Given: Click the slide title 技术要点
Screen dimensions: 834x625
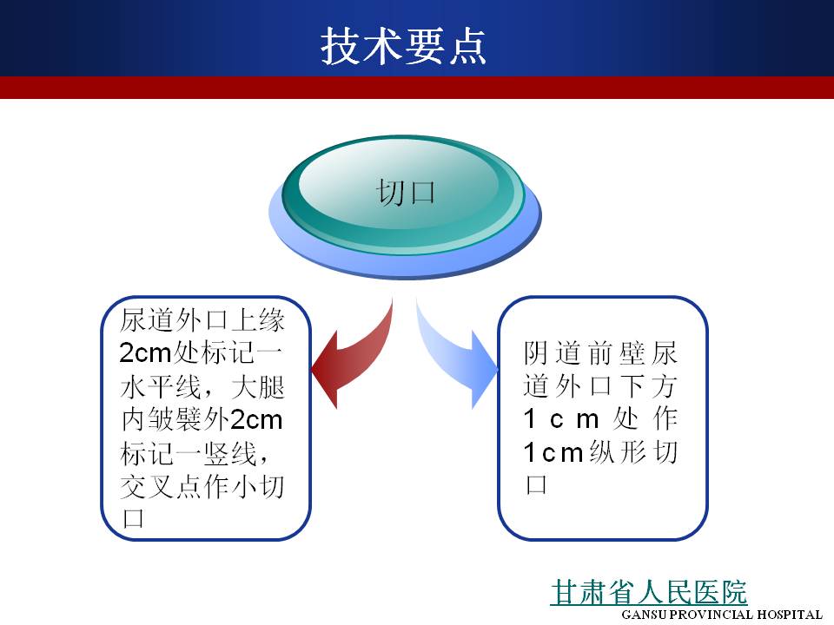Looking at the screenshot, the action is point(404,46).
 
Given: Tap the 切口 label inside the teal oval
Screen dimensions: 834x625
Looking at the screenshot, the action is point(406,193).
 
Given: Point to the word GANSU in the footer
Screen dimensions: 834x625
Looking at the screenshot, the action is point(644,615).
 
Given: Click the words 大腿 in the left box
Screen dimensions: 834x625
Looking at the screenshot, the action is point(258,387).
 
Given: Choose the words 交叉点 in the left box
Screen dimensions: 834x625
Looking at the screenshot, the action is point(162,486).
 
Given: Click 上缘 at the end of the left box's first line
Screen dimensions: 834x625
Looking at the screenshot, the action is point(258,320).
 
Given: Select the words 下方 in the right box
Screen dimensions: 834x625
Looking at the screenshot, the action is point(648,386).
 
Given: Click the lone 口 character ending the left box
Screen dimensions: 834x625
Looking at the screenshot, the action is point(133,519).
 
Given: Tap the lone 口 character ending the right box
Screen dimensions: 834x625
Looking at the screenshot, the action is point(536,484).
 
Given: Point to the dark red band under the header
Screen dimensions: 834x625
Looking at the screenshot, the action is point(417,88).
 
